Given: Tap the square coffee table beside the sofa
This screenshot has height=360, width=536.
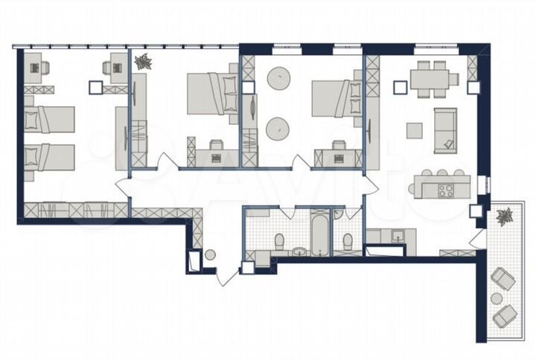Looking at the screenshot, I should click(x=413, y=130).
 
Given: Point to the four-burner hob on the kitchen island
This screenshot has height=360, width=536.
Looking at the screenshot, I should click(x=446, y=190).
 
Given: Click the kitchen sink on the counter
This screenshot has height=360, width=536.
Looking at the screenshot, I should click(x=397, y=237).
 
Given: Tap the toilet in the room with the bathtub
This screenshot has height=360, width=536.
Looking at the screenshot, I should click(x=280, y=242).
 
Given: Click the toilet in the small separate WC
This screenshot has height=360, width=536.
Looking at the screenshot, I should click(x=347, y=242).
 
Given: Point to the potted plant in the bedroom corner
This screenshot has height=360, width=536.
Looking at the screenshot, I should click(x=144, y=62).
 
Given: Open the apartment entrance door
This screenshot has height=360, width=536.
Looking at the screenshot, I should click(x=228, y=276).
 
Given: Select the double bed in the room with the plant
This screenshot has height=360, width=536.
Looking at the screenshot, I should click(x=208, y=94).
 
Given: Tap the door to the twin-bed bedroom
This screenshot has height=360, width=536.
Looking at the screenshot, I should click(x=124, y=187).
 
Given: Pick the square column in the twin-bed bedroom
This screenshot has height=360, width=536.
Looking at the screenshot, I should click(x=94, y=87).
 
